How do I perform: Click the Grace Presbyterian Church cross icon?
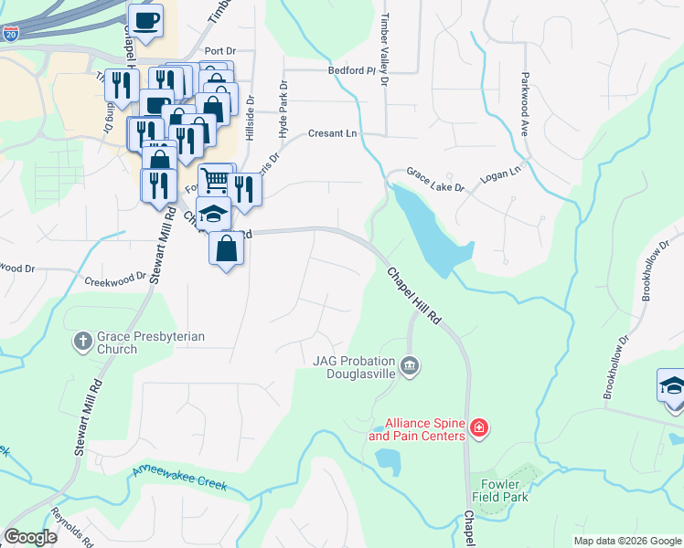(x=82, y=342)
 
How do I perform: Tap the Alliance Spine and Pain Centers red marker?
(x=478, y=427)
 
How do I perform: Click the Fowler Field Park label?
(x=500, y=490)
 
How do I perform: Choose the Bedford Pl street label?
(x=352, y=70)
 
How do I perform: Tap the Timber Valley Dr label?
(x=386, y=50)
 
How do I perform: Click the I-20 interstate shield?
(x=11, y=35)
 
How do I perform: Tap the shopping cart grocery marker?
(x=215, y=179)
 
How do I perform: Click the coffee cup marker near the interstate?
(x=145, y=19)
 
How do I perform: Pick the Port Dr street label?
(x=221, y=51)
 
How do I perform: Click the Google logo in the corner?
(x=30, y=537)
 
